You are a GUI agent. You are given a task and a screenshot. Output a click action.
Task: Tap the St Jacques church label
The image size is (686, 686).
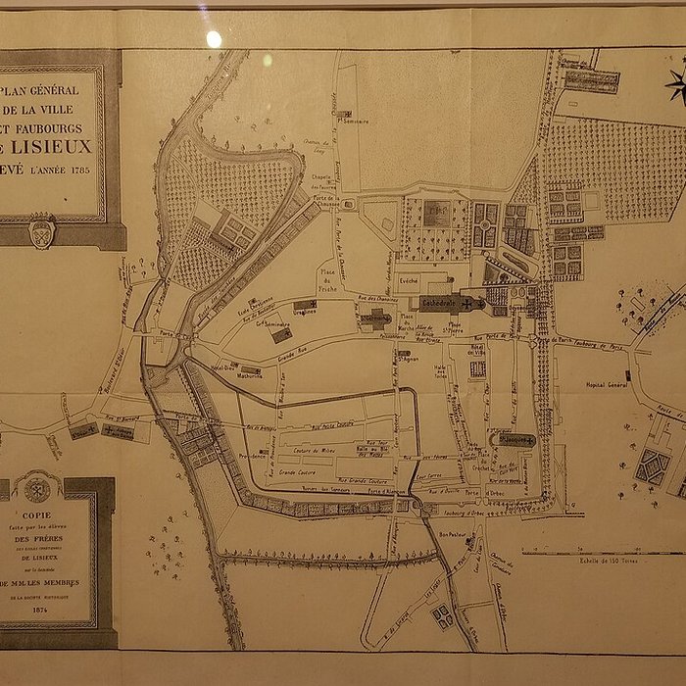click(x=515, y=440)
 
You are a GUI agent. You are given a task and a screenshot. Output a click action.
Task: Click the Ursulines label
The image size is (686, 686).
click(x=305, y=312)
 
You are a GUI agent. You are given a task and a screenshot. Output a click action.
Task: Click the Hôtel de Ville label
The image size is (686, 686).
click(x=477, y=349)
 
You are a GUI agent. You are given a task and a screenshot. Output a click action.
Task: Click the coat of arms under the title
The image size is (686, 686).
click(x=41, y=231)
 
